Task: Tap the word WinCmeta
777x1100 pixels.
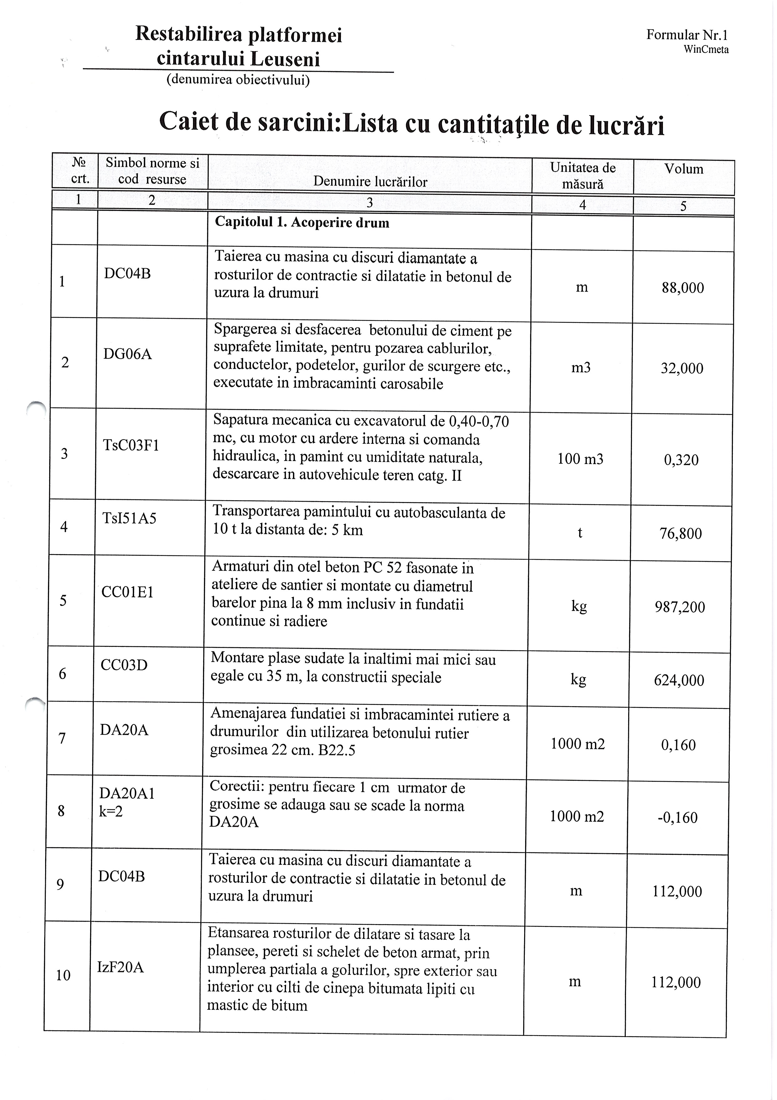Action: point(706,49)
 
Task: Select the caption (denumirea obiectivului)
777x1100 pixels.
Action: point(238,80)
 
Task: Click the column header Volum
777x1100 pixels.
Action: point(683,169)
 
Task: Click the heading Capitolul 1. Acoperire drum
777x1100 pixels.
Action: point(302,222)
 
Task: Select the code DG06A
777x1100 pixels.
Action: point(127,354)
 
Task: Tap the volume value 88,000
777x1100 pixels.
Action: point(683,288)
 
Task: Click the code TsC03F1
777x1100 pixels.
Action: point(131,445)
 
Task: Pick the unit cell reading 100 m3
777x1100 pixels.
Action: point(580,459)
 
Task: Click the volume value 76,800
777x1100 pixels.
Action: point(680,533)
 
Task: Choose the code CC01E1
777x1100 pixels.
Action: point(127,592)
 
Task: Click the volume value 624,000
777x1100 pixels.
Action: point(679,680)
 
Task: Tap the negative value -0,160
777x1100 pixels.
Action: point(677,817)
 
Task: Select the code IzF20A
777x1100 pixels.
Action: point(120,967)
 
